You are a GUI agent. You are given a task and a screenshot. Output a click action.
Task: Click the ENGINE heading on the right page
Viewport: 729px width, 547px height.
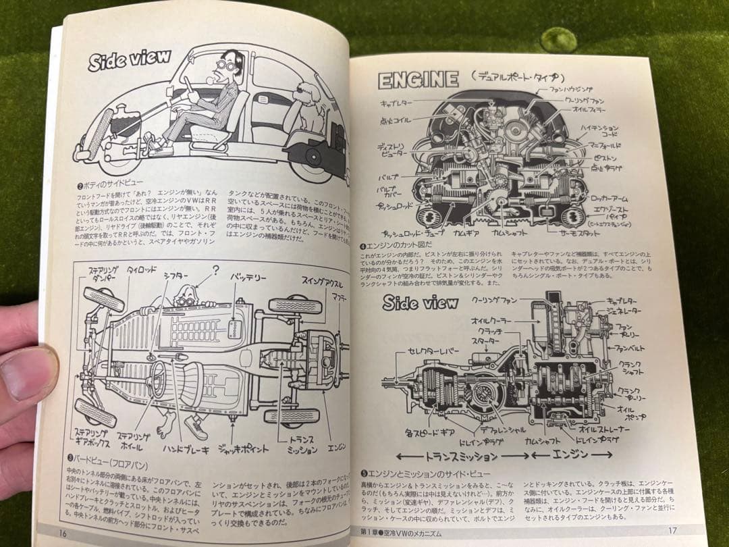[x=418, y=80]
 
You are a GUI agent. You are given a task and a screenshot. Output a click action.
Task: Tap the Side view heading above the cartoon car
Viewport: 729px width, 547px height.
[x=130, y=59]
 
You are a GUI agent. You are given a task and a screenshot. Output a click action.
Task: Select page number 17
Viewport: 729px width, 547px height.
[x=672, y=530]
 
